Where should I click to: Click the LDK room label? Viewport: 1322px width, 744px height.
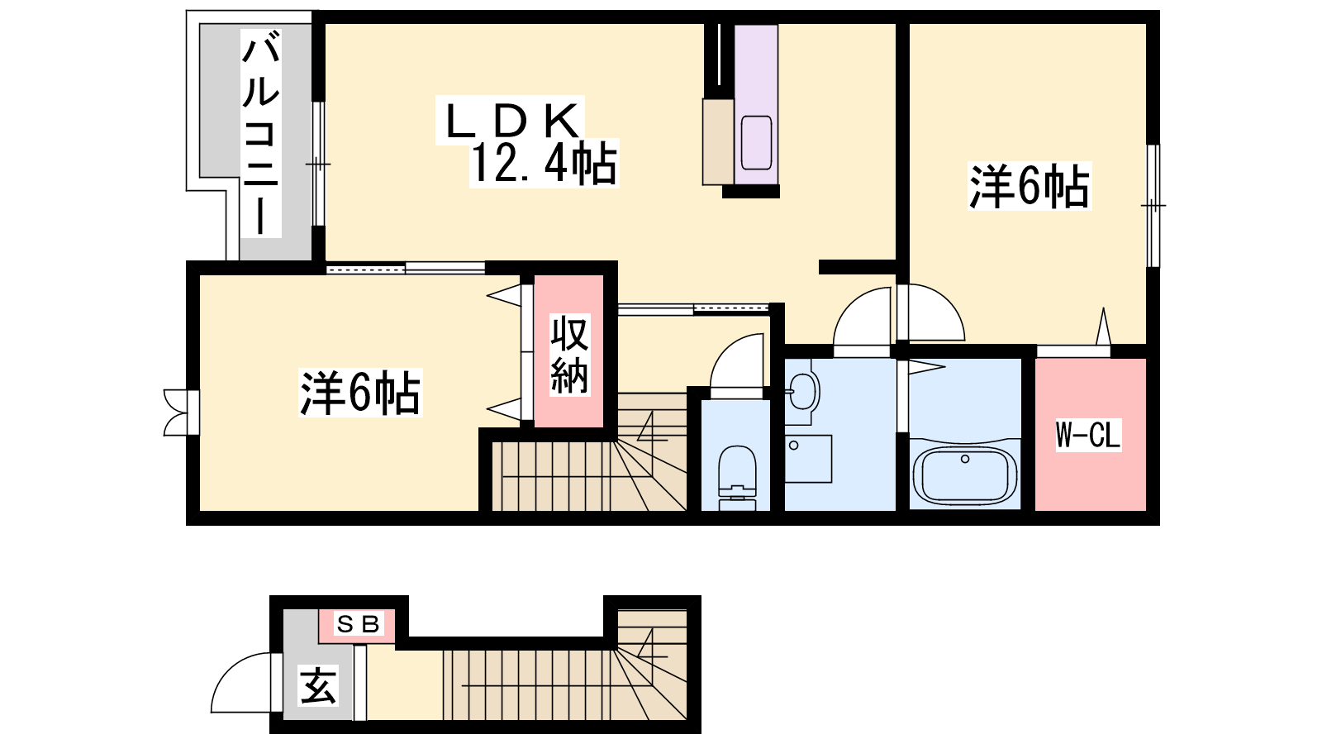coord(511,121)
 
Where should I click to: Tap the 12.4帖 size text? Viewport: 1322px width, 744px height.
coord(544,164)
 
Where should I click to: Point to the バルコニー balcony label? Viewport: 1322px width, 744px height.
coord(260,134)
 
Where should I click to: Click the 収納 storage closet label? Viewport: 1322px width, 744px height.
coord(569,355)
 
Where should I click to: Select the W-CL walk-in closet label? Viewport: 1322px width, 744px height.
coord(1087,435)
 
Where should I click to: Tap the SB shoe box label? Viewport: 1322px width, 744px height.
coord(358,623)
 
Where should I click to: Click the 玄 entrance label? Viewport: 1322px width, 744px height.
coord(318,685)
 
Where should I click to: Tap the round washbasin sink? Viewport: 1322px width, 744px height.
coord(802,391)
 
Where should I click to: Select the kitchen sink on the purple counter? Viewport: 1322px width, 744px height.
coord(756,142)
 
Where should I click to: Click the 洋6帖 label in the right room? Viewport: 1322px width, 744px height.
coord(1030,186)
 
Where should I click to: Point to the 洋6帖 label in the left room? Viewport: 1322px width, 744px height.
coord(360,393)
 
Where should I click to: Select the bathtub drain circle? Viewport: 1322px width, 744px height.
coord(965,459)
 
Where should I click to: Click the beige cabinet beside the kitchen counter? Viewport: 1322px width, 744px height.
coord(718,141)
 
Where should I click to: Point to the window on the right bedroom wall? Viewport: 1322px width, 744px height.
coord(1153,206)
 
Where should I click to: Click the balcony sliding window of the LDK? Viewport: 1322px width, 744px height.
coord(318,164)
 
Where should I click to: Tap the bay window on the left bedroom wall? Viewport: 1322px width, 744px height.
coord(181,413)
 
